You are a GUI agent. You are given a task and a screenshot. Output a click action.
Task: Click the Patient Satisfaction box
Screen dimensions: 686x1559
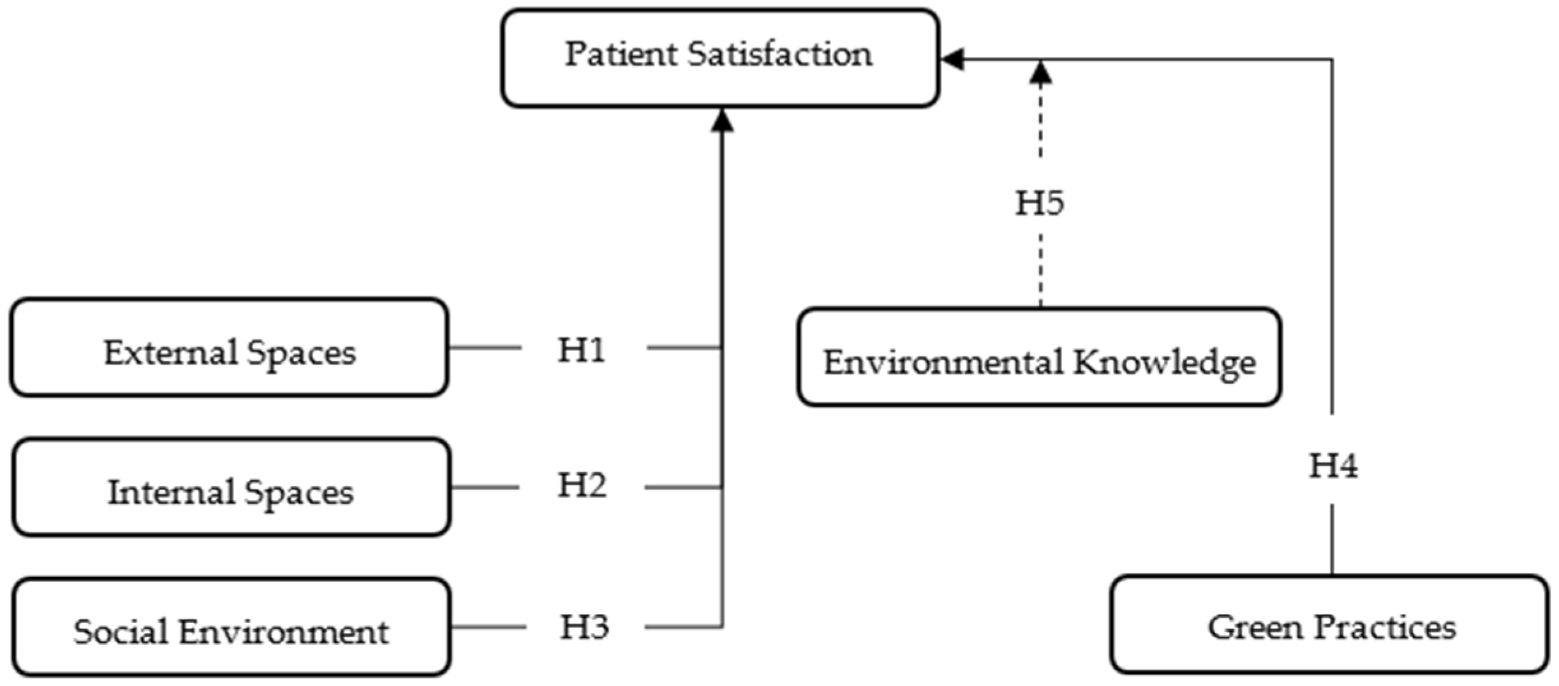click(720, 57)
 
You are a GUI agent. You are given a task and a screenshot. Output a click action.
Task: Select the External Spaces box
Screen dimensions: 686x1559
click(229, 348)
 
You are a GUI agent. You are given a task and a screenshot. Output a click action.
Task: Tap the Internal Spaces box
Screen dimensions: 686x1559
click(232, 487)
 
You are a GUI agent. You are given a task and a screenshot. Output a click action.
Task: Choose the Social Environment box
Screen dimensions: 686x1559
click(232, 627)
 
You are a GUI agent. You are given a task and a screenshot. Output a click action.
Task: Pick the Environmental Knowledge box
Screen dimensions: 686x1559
click(1039, 357)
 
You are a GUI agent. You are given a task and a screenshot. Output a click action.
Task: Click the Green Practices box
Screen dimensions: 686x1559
click(1330, 625)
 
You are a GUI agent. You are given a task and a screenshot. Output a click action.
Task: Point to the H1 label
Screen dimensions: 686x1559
click(581, 350)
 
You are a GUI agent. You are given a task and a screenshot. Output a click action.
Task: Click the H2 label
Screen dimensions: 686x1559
click(582, 485)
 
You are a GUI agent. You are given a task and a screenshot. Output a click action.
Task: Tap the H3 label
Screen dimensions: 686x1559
click(584, 627)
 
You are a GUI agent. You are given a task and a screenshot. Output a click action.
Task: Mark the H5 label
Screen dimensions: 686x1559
click(1039, 203)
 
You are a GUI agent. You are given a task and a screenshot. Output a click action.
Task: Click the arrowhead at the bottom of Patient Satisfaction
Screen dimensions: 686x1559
click(722, 120)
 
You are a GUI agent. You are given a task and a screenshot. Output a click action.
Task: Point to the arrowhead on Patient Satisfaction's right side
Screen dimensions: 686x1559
click(952, 59)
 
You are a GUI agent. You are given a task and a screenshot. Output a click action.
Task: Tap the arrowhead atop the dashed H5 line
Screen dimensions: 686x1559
click(1040, 73)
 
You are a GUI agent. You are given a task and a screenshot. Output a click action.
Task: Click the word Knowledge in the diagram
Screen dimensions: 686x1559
click(1164, 362)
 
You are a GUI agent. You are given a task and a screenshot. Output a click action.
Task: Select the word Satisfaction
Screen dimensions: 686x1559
click(779, 54)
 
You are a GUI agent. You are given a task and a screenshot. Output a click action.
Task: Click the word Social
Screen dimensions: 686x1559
click(121, 632)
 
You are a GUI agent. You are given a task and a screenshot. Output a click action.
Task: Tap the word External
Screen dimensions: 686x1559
click(170, 352)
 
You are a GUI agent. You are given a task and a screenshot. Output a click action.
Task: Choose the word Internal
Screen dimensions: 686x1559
click(171, 492)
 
